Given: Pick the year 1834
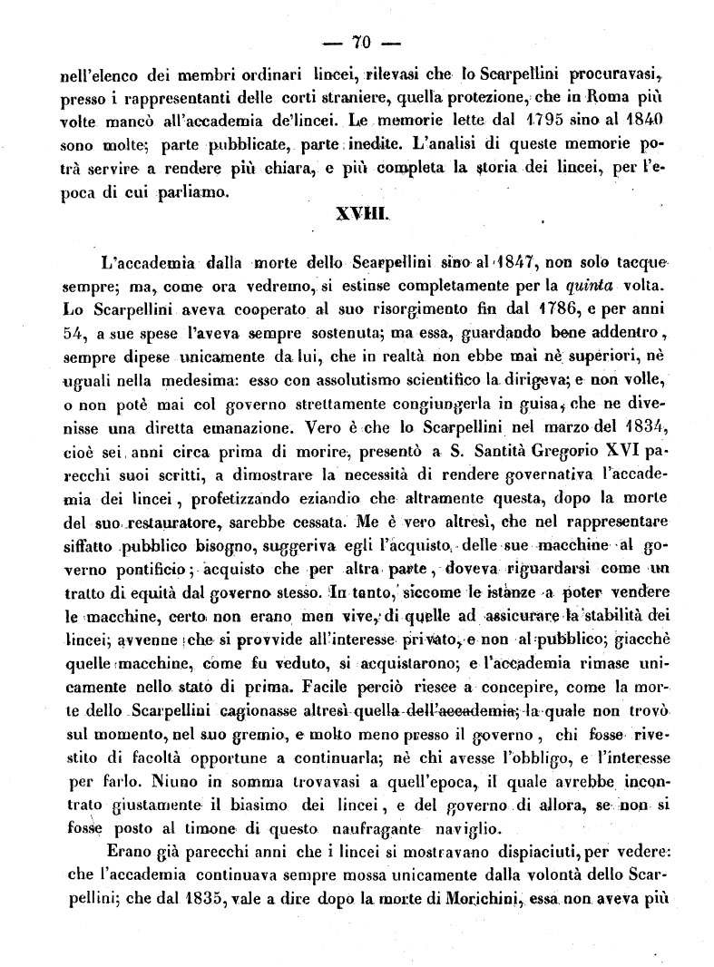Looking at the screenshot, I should pyautogui.click(x=642, y=427).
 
